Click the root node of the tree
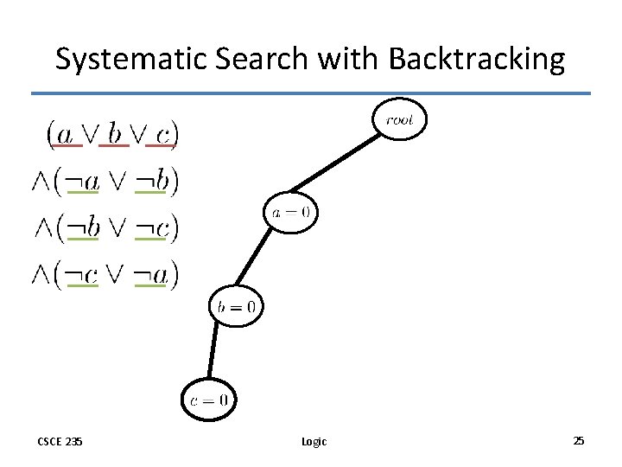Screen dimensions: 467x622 pyautogui.click(x=399, y=120)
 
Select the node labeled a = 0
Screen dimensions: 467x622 pyautogui.click(x=291, y=211)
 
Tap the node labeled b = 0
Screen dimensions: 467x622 pyautogui.click(x=236, y=305)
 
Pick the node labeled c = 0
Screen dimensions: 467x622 pyautogui.click(x=208, y=400)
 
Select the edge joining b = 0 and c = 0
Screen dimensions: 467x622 pyautogui.click(x=219, y=353)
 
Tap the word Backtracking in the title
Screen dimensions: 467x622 pyautogui.click(x=477, y=60)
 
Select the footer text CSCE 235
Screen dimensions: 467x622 pyautogui.click(x=60, y=441)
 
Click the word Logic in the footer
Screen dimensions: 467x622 pyautogui.click(x=314, y=442)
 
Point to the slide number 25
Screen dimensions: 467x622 pyautogui.click(x=578, y=441)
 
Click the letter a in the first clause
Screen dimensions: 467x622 pyautogui.click(x=65, y=133)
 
